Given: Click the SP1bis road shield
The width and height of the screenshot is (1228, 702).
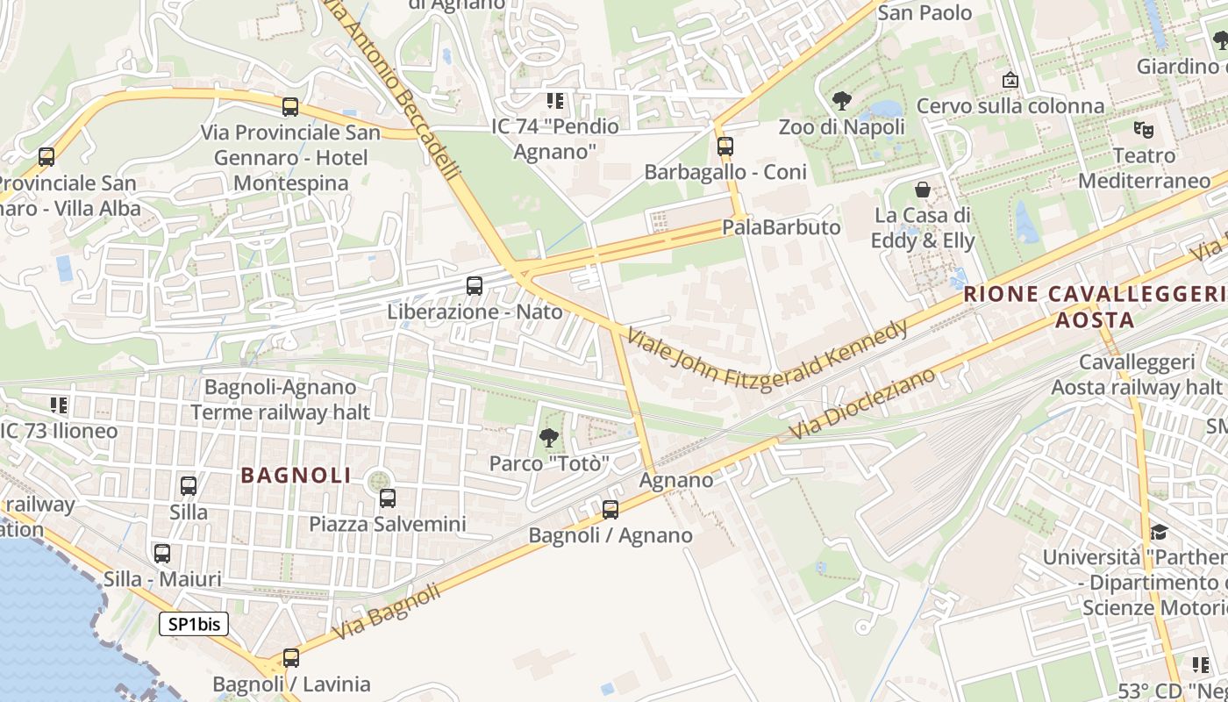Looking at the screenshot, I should point(194,624).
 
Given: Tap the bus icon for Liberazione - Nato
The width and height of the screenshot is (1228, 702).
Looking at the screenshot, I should point(475,285).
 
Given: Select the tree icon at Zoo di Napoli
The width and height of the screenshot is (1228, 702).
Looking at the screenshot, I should point(842,101).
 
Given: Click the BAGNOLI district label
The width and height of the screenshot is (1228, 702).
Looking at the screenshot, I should point(296,476).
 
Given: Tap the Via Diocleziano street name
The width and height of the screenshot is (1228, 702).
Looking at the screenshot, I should point(863,405).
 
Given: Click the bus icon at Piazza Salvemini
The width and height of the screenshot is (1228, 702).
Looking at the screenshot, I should point(388,498).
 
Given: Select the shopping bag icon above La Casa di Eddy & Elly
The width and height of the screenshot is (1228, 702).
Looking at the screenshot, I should point(923,190).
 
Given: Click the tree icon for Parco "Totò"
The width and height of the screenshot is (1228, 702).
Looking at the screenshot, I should point(549,437).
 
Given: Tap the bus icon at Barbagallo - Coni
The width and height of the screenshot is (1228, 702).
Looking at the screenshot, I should point(725,147).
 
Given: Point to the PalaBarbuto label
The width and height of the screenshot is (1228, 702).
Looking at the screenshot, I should point(781,227).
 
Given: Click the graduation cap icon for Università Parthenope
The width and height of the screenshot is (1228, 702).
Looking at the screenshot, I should point(1159,532).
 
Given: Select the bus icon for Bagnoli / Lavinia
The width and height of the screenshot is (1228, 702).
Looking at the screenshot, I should point(291,658).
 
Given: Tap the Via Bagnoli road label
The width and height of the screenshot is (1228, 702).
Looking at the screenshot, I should point(387,612).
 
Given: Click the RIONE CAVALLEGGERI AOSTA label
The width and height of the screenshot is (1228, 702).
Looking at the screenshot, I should point(1095,307).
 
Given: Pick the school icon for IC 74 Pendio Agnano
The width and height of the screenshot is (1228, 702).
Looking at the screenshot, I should point(554,101).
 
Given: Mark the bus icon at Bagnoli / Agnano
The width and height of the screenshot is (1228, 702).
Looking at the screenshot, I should point(610,509).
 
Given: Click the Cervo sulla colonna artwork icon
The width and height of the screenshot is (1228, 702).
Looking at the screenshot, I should point(1010,81).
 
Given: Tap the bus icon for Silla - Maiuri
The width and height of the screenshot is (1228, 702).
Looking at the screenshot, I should point(162,554).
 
